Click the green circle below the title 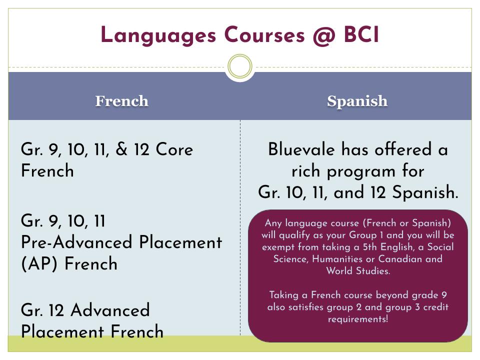[x=240, y=66]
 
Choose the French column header [x=122, y=101]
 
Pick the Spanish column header [x=357, y=101]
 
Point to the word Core [x=174, y=149]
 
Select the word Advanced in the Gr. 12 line [x=110, y=310]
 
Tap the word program [x=365, y=171]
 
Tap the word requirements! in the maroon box [x=357, y=318]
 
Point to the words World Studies [x=357, y=271]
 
